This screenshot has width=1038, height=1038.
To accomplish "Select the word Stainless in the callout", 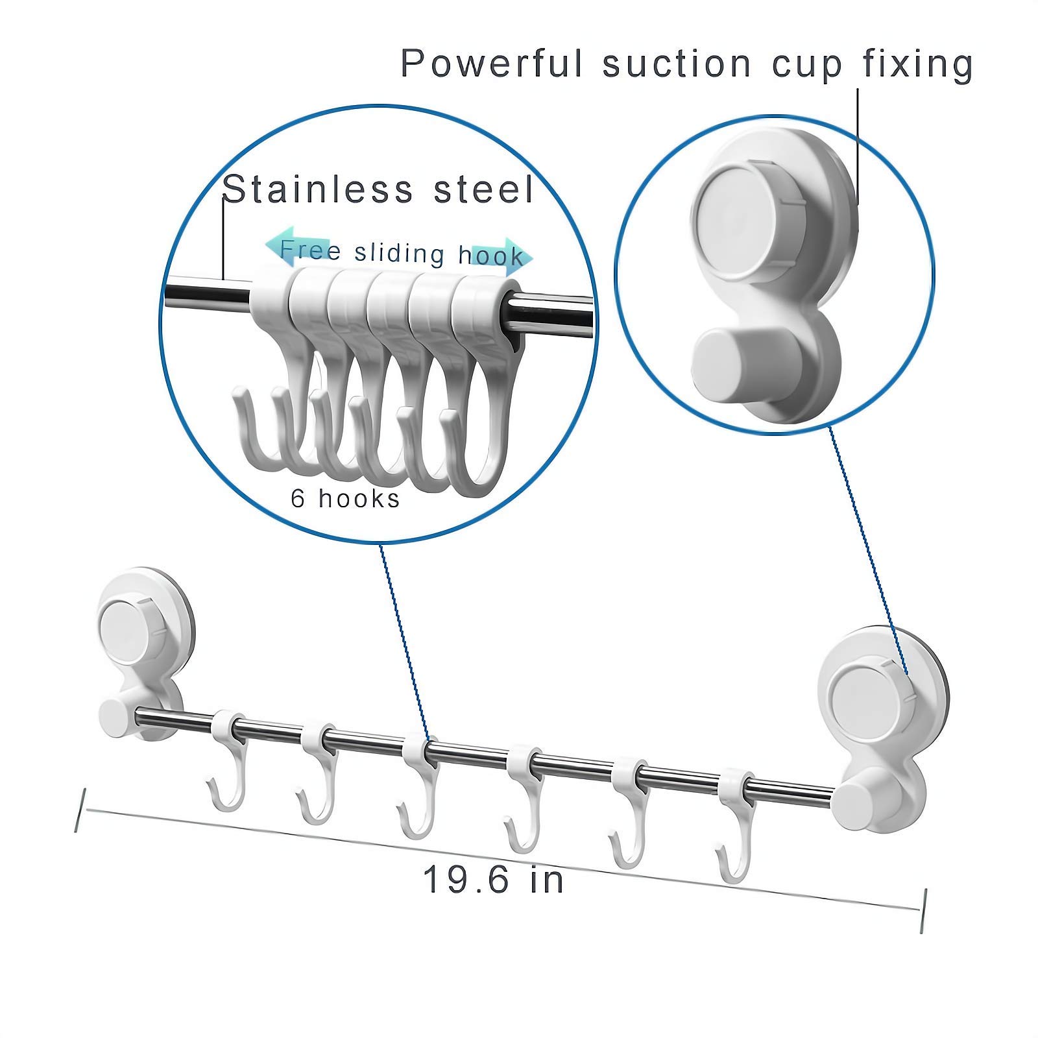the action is (318, 189).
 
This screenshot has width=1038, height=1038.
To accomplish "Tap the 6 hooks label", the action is (345, 498).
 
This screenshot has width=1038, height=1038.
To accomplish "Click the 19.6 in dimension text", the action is (493, 880).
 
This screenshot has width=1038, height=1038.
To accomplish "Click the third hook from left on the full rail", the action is (418, 787).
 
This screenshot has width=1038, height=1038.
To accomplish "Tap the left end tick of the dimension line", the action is (80, 810).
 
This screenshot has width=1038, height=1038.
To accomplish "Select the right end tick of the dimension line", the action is (923, 911).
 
